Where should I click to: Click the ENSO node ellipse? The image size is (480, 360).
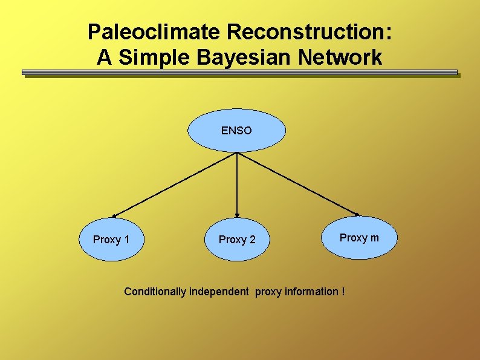point(236,130)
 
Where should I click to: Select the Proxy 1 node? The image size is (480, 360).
point(111,240)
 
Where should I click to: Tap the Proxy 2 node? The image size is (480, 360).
point(237,240)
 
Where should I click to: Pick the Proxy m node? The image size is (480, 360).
point(359,238)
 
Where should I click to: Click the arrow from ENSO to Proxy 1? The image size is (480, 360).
point(175,184)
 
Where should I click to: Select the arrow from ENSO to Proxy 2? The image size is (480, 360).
point(237,184)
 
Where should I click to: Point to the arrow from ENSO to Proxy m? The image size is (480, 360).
point(297,184)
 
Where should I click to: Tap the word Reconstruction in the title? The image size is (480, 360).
point(305,32)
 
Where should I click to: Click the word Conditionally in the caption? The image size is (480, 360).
point(155,292)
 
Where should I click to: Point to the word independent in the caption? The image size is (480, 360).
point(219,292)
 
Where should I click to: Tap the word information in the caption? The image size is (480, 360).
point(310,292)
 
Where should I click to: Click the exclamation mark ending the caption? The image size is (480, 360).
point(343,292)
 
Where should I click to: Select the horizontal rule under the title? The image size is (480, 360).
point(240,73)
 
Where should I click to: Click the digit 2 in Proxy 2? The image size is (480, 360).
point(253,240)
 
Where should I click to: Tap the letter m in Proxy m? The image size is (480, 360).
point(375,238)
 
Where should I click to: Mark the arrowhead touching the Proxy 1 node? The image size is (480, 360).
point(114,215)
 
